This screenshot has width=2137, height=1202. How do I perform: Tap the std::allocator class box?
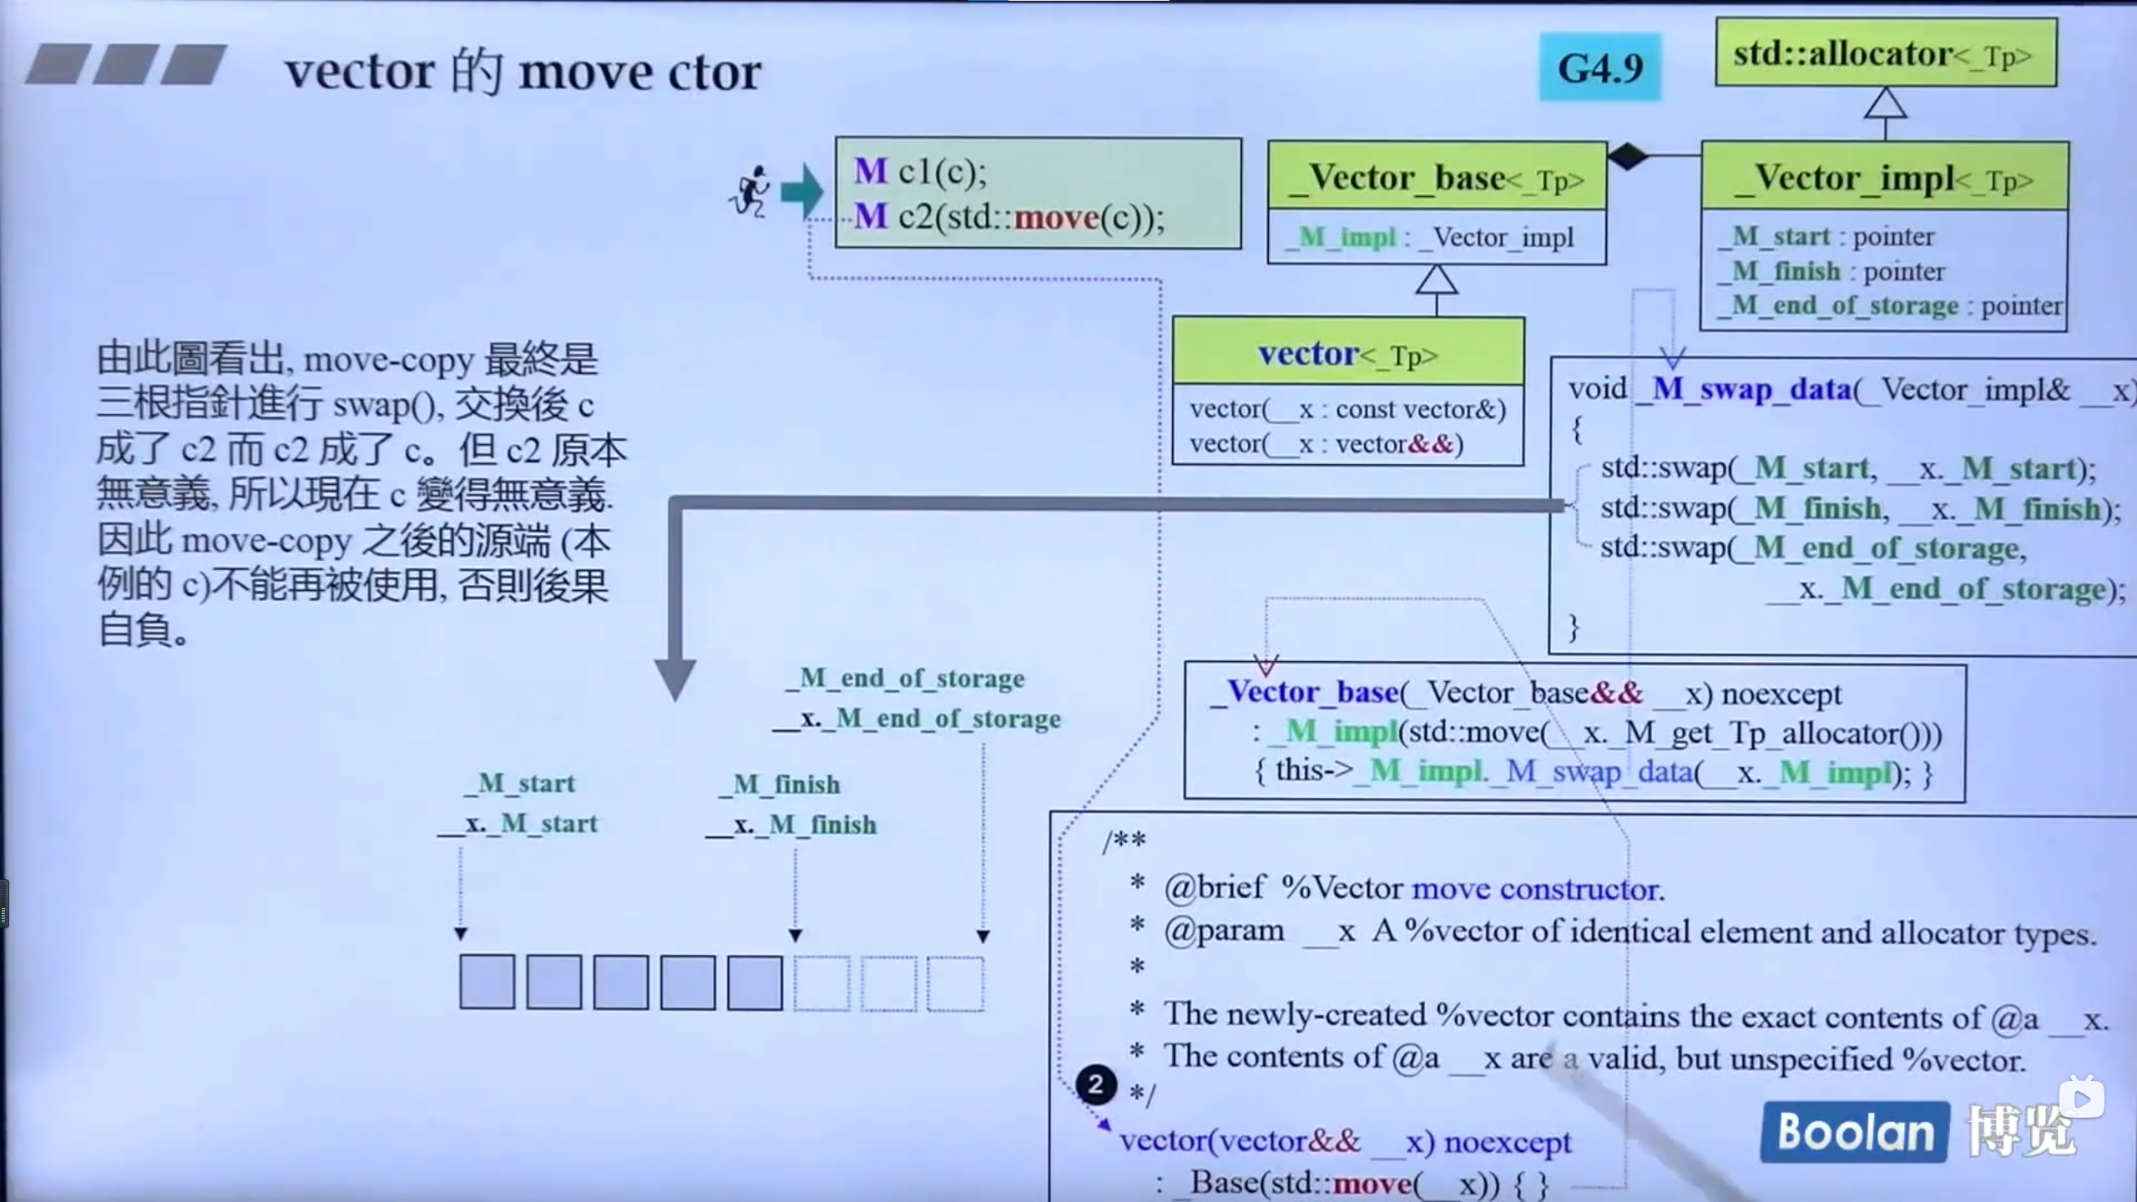(x=1886, y=54)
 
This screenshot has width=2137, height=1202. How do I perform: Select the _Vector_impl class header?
(x=1884, y=178)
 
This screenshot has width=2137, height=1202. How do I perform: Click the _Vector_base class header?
(x=1437, y=178)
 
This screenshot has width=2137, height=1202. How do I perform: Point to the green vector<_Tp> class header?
(x=1348, y=354)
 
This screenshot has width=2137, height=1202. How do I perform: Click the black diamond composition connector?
(x=1628, y=156)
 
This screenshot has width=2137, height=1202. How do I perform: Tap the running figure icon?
(x=750, y=192)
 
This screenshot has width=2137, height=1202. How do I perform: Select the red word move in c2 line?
(x=1056, y=218)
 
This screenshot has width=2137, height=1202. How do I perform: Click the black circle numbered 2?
(x=1095, y=1084)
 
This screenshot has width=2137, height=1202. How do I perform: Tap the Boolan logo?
(x=1855, y=1132)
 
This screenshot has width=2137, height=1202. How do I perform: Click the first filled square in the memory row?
(x=487, y=982)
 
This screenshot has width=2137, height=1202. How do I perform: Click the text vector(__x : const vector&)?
(x=1347, y=409)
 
